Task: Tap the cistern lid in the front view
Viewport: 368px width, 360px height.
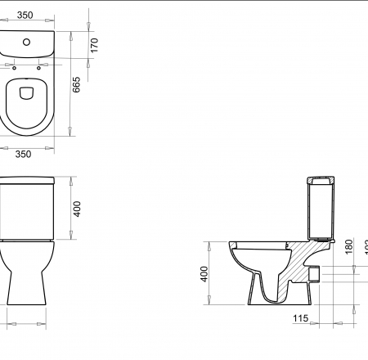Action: [x=26, y=181]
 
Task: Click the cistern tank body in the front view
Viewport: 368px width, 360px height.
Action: [x=26, y=211]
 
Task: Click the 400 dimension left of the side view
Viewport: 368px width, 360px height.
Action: [x=205, y=274]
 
